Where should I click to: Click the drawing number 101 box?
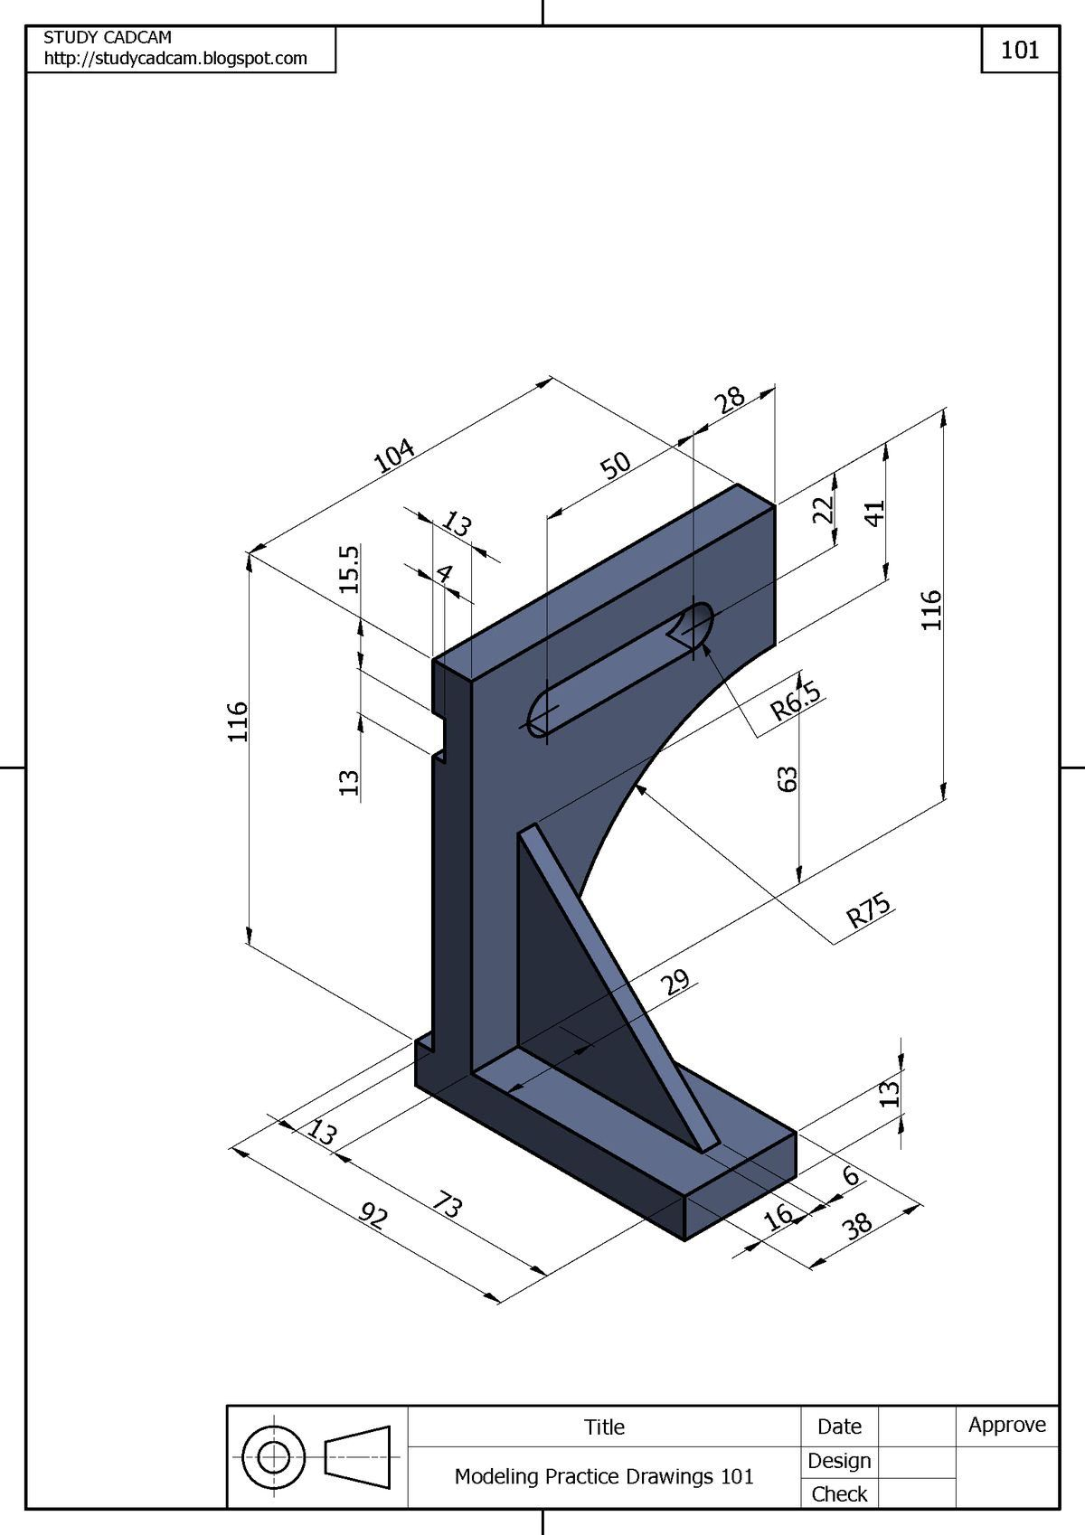coord(1019,50)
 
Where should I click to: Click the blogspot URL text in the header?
coord(175,59)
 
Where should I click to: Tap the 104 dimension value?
coord(395,455)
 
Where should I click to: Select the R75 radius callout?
coord(869,912)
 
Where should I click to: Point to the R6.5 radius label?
coord(797,702)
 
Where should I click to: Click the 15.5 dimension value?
coord(350,569)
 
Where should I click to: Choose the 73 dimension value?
coord(448,1205)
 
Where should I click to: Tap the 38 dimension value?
coord(857,1225)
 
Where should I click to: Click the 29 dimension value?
coord(675,982)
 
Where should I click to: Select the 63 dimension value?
coord(788,779)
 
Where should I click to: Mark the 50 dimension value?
coord(615,466)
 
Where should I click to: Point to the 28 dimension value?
coord(730,399)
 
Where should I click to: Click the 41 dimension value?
coord(874,513)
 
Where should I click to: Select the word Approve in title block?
coord(1006,1426)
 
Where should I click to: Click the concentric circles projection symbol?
coord(274,1457)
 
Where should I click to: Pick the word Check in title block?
coord(839,1494)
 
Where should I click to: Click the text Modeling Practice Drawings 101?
coord(604,1476)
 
